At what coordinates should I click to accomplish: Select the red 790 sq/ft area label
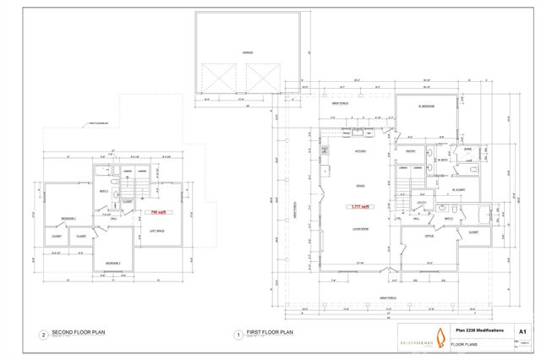click(x=156, y=212)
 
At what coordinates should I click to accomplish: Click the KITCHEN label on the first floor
click(x=360, y=150)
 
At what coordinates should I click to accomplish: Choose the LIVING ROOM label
click(x=358, y=228)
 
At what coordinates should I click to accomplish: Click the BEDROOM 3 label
click(x=112, y=264)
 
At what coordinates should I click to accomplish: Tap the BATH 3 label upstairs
click(x=103, y=193)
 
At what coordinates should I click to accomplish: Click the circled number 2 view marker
click(x=43, y=335)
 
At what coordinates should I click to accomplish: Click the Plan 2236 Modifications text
click(x=479, y=330)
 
